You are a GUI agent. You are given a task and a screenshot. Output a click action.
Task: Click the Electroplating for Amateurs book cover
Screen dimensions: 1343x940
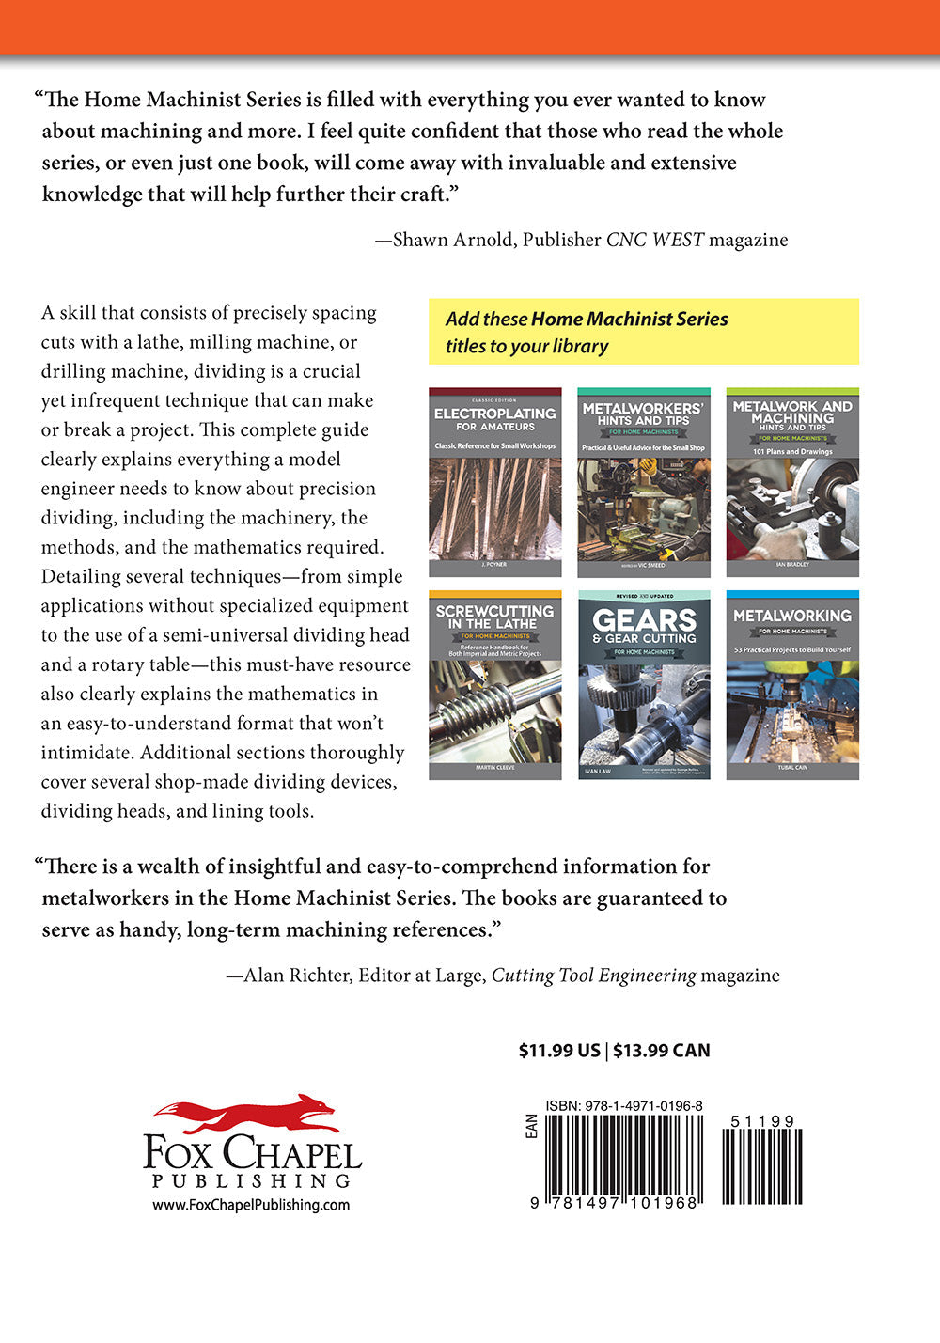(494, 482)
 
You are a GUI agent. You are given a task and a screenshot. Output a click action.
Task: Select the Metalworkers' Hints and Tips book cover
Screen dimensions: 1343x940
(643, 482)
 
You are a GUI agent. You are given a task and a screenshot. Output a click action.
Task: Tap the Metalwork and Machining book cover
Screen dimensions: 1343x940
(791, 482)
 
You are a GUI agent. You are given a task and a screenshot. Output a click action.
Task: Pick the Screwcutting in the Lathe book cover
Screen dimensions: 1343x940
(494, 685)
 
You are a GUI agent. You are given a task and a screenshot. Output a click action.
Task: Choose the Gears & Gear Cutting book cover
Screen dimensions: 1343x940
(643, 685)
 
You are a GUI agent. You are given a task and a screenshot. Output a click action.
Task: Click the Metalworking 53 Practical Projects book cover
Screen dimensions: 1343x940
(791, 685)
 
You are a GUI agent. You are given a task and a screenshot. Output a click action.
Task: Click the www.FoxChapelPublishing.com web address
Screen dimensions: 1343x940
(251, 1205)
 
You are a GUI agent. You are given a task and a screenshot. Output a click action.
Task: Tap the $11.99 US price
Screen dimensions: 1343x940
(559, 1051)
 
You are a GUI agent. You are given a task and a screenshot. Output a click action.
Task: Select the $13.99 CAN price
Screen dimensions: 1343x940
(662, 1051)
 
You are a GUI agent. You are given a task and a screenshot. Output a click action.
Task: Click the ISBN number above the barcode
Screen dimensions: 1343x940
(624, 1106)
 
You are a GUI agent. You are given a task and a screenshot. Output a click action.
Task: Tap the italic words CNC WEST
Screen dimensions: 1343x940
(654, 240)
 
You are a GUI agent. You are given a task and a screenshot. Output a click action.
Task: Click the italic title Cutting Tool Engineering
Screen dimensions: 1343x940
(593, 976)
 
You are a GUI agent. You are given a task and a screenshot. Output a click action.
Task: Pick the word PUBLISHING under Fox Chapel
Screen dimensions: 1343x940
(251, 1180)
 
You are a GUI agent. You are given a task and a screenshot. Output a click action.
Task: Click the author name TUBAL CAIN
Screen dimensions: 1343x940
(791, 768)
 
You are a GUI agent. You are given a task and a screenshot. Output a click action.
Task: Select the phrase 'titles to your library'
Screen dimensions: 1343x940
(526, 346)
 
